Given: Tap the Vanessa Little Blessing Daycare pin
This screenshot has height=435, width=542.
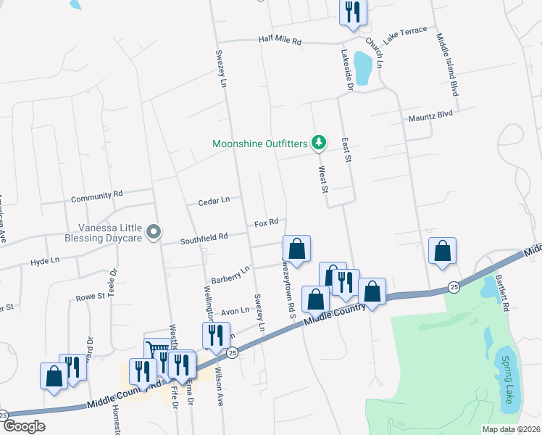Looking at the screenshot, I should pyautogui.click(x=153, y=232).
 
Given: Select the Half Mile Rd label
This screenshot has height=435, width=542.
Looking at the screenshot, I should pyautogui.click(x=280, y=41).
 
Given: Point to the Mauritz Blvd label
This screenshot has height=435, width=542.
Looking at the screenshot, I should pyautogui.click(x=430, y=113).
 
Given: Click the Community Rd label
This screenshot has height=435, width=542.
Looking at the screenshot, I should pyautogui.click(x=97, y=196).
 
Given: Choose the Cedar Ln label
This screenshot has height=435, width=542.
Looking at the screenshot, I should pyautogui.click(x=214, y=199).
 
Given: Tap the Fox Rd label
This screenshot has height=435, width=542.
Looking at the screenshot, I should pyautogui.click(x=266, y=224).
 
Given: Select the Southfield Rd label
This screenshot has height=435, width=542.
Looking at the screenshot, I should pyautogui.click(x=204, y=236).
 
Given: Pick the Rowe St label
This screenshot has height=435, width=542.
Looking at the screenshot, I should pyautogui.click(x=91, y=297).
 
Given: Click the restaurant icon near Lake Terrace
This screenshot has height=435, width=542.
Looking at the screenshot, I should pyautogui.click(x=353, y=12).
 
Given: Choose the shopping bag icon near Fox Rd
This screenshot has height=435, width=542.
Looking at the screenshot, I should pyautogui.click(x=296, y=249).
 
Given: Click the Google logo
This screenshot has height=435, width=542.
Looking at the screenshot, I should pyautogui.click(x=23, y=426).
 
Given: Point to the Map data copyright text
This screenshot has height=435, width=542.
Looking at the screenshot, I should pyautogui.click(x=512, y=429).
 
